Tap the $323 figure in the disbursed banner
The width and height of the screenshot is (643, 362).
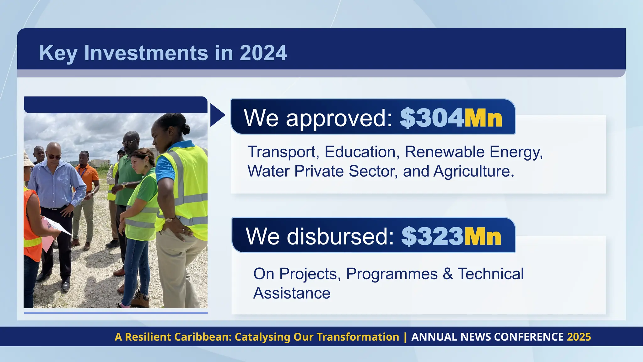coord(432,236)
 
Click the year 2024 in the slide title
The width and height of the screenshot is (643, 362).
coord(263,53)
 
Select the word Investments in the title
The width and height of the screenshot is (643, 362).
coord(146,53)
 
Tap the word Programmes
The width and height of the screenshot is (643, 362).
coord(392,274)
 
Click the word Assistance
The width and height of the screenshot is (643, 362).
coord(292,293)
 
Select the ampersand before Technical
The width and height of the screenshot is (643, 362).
coord(448,274)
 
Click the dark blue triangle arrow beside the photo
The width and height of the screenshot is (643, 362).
coord(217,115)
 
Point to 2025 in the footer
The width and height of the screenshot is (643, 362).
coord(579,337)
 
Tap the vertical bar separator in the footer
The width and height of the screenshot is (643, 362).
coord(405,337)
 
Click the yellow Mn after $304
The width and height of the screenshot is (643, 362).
coord(483,118)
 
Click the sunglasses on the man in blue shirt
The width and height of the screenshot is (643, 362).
coord(54,156)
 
